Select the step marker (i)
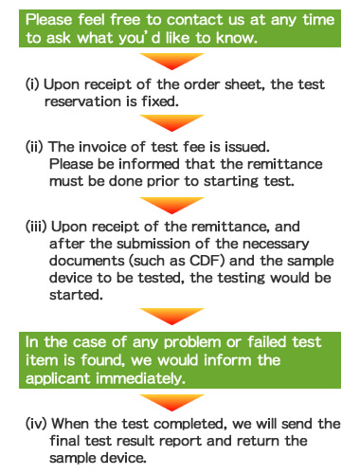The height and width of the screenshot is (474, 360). click(x=34, y=85)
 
